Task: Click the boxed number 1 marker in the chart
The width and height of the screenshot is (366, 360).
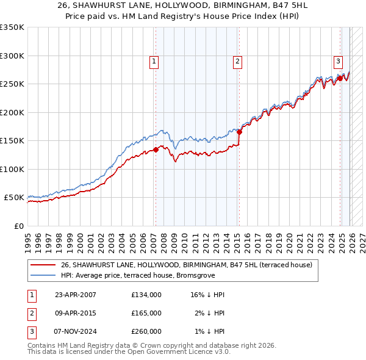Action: tap(155, 61)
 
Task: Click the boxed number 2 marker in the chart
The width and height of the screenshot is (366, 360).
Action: tap(237, 61)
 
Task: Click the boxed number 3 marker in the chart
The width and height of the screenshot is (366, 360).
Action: tap(338, 61)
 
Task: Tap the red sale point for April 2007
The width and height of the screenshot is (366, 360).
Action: tap(156, 149)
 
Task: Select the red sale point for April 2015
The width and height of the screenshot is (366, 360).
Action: tap(239, 132)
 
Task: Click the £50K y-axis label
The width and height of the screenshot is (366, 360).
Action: tap(13, 198)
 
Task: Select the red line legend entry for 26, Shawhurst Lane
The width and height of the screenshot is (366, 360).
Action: tap(186, 265)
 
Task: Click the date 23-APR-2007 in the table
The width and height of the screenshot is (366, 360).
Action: tap(76, 295)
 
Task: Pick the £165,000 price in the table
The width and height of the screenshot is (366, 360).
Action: tap(146, 313)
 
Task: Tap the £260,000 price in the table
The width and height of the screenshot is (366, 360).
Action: tap(146, 331)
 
